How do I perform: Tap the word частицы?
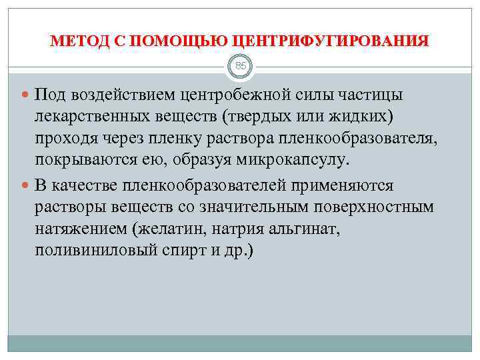[x=371, y=95]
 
